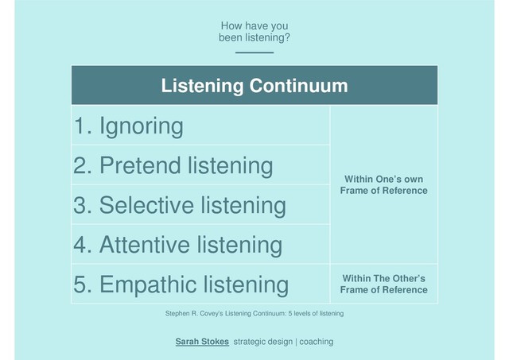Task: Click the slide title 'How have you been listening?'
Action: [254, 31]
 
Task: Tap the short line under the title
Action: [254, 52]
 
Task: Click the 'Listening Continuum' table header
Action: [254, 86]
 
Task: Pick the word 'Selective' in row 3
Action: [153, 205]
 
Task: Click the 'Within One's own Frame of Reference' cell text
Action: [383, 184]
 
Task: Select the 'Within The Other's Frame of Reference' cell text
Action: [383, 284]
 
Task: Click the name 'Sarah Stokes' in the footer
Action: [202, 341]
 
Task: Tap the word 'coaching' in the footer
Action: [313, 341]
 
